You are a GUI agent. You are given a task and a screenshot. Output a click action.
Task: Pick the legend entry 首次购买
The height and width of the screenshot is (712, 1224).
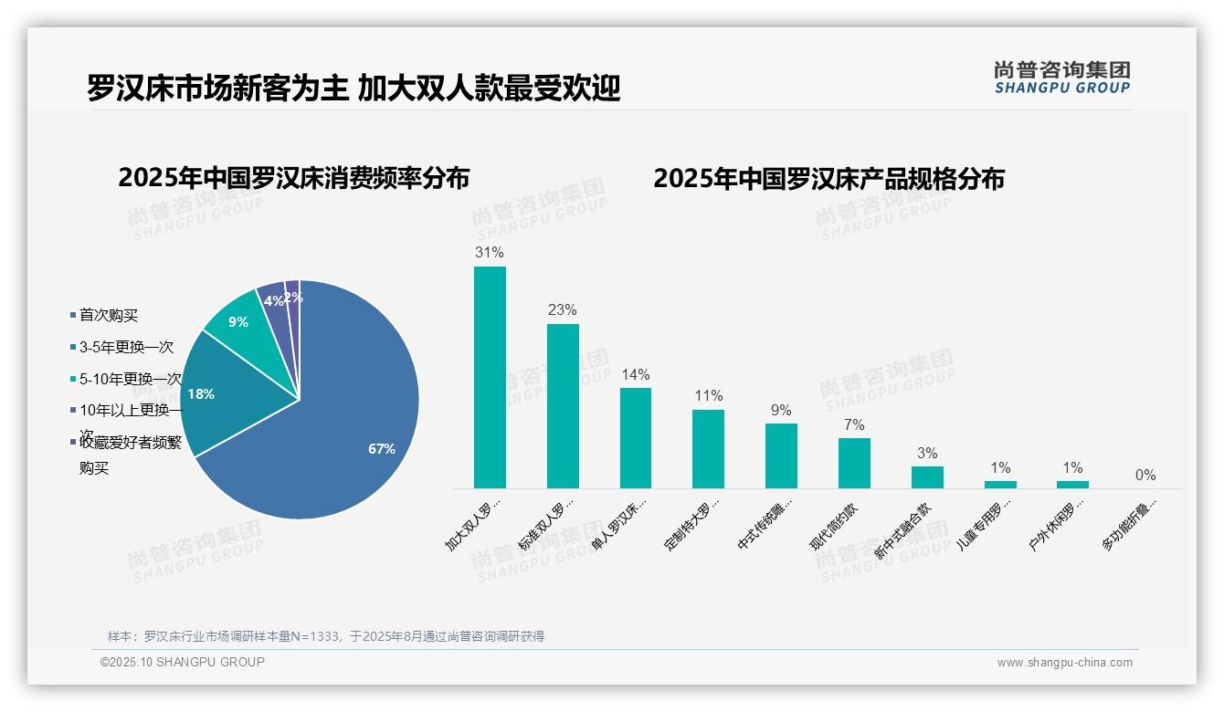pos(109,316)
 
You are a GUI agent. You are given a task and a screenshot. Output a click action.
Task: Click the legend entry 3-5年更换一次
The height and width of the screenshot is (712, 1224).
pos(126,348)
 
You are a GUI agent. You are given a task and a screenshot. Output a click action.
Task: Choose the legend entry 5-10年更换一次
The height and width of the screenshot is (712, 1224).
pos(131,379)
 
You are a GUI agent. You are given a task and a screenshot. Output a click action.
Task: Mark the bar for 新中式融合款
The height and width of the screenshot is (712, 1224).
pos(927,477)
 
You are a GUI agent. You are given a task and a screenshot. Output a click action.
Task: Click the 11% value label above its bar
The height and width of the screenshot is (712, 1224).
pos(708,396)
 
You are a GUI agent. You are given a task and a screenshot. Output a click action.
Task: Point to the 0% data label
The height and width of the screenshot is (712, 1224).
pos(1145,476)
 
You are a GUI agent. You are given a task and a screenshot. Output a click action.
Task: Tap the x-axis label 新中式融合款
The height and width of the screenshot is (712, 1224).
pos(903,530)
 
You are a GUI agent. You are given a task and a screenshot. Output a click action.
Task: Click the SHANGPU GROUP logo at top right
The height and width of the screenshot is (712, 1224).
pos(1062,78)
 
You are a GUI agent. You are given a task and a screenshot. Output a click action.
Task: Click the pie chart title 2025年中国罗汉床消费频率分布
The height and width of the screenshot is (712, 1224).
pos(293,178)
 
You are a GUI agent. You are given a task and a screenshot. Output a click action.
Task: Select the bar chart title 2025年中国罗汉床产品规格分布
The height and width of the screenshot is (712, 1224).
pos(828,179)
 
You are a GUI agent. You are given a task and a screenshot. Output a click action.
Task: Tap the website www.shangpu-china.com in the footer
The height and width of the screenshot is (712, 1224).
pos(1064,663)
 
